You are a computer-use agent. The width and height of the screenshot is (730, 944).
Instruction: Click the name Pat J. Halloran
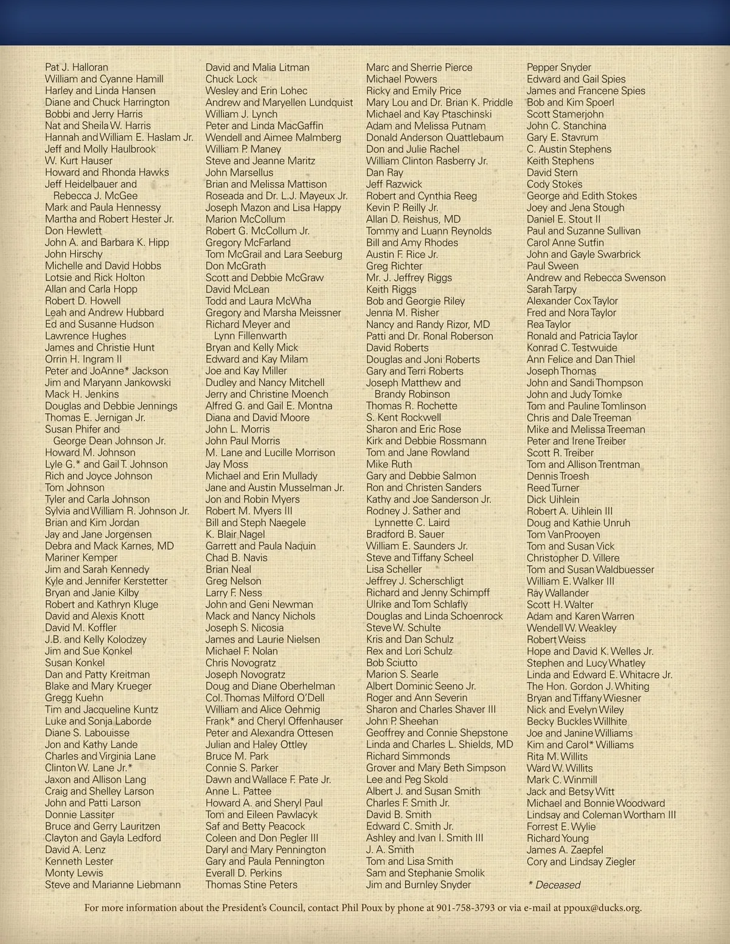(x=77, y=68)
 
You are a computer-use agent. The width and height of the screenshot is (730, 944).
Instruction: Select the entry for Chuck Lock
(x=231, y=79)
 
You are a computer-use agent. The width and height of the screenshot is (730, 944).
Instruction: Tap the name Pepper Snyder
(x=558, y=68)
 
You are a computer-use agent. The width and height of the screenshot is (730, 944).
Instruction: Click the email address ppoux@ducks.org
(x=598, y=908)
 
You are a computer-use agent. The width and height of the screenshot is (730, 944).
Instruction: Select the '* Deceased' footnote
(x=554, y=885)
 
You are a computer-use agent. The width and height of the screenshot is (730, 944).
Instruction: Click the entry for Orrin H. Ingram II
(x=83, y=359)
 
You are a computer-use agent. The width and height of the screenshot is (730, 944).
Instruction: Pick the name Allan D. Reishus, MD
(x=413, y=219)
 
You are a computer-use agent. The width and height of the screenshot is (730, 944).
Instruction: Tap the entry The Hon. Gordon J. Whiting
(x=588, y=687)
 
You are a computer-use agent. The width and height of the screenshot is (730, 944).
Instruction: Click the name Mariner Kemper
(x=81, y=558)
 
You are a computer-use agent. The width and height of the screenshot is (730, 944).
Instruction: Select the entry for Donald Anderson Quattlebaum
(x=435, y=138)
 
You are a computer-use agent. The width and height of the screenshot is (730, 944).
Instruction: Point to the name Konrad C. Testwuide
(x=572, y=348)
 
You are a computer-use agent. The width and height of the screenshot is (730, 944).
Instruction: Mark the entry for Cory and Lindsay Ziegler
(x=581, y=862)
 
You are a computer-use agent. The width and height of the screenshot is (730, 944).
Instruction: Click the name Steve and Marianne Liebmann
(x=113, y=885)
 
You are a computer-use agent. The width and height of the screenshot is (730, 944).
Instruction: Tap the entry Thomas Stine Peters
(x=251, y=885)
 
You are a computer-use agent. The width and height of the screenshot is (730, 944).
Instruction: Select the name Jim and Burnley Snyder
(x=419, y=885)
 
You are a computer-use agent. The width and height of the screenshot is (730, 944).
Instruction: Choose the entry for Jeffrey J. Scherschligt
(x=415, y=581)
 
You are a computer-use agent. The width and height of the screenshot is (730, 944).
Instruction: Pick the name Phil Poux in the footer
(x=367, y=908)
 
